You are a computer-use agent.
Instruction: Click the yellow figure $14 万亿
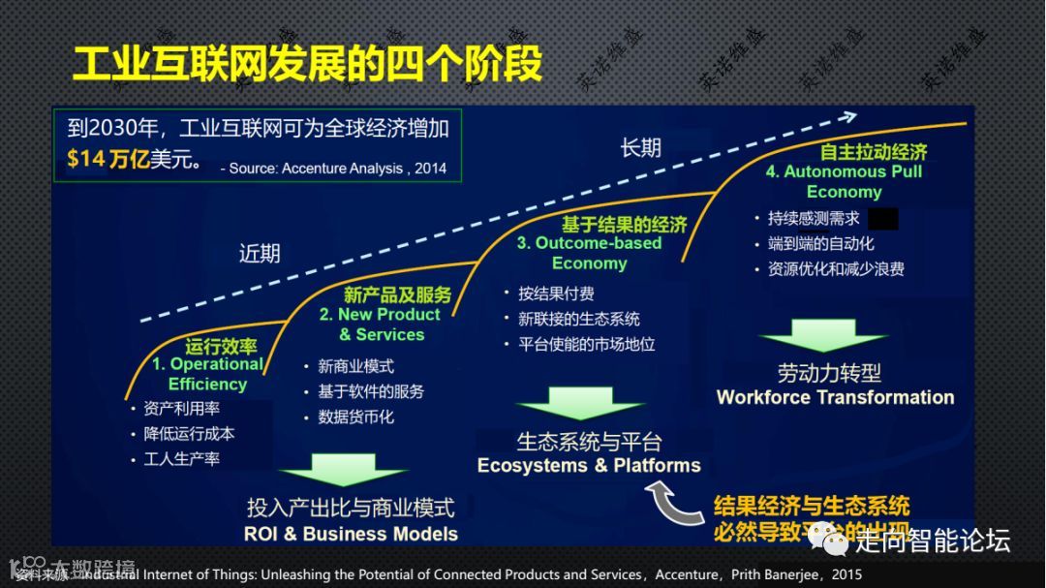pyautogui.click(x=108, y=160)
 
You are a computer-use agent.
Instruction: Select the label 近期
pyautogui.click(x=260, y=254)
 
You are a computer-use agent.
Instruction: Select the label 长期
pyautogui.click(x=641, y=147)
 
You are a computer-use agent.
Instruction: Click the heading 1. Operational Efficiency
pyautogui.click(x=207, y=374)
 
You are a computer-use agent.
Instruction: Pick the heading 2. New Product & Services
pyautogui.click(x=381, y=325)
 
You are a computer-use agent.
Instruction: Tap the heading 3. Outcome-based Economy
pyautogui.click(x=589, y=253)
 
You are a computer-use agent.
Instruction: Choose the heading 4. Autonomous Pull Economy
pyautogui.click(x=844, y=181)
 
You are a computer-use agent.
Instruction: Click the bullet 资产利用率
pyautogui.click(x=181, y=409)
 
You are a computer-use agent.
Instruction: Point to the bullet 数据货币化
pyautogui.click(x=355, y=417)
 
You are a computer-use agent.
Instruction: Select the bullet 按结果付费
pyautogui.click(x=556, y=294)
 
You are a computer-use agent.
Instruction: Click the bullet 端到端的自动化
pyautogui.click(x=821, y=244)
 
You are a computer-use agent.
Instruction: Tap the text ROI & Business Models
pyautogui.click(x=351, y=534)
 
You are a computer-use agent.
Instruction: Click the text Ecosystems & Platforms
pyautogui.click(x=589, y=466)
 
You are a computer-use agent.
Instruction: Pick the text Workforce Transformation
pyautogui.click(x=835, y=397)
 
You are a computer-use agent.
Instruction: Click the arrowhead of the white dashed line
pyautogui.click(x=846, y=117)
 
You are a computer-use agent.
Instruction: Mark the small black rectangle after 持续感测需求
pyautogui.click(x=882, y=219)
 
